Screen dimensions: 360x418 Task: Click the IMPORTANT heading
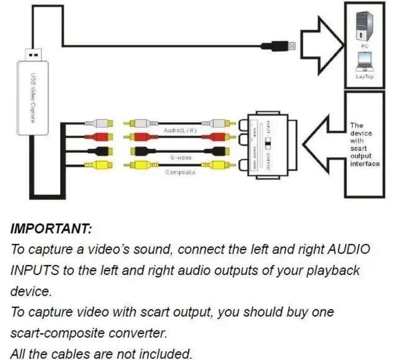[x=50, y=228]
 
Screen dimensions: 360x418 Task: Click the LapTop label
[x=364, y=77]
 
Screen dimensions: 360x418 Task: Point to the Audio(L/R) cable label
[x=180, y=131]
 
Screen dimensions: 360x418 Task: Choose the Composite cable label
[x=180, y=172]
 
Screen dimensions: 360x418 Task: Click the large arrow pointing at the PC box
[x=322, y=45]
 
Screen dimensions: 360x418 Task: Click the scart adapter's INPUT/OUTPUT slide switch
[x=268, y=142]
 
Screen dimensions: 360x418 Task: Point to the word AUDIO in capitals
[x=350, y=250]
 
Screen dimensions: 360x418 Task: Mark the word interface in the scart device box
[x=364, y=164]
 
